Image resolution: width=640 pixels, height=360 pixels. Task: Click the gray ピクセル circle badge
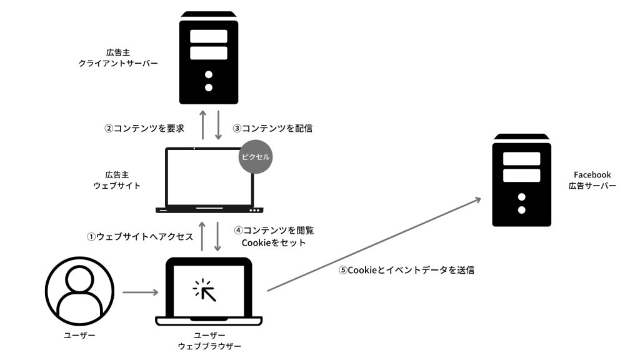[256, 157]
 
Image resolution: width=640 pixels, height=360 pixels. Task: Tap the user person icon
[79, 291]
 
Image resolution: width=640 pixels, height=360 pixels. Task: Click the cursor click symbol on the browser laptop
[204, 290]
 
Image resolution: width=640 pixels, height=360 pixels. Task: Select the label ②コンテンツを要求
[144, 128]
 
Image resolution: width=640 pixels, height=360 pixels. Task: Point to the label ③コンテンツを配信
[272, 128]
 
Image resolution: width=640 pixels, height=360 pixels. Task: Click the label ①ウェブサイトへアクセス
[140, 237]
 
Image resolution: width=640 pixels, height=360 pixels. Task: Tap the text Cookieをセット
[274, 243]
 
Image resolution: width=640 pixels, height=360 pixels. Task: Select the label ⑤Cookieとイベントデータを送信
[406, 270]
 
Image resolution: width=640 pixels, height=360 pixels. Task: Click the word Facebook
[592, 175]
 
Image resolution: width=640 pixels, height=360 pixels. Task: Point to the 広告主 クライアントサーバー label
[118, 58]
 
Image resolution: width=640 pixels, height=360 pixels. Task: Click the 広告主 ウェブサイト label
[117, 180]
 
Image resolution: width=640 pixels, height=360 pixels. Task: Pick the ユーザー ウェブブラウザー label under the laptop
[209, 341]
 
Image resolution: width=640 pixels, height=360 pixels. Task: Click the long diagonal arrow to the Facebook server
[374, 244]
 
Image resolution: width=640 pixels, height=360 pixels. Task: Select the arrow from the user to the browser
[141, 292]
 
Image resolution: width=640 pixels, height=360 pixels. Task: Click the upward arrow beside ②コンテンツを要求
[202, 125]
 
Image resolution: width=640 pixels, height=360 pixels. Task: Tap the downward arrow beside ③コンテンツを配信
[218, 125]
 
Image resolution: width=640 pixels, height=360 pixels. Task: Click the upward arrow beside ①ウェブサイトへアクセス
[202, 236]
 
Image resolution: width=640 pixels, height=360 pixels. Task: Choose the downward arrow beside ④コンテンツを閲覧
[217, 236]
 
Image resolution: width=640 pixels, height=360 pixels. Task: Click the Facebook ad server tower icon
[522, 180]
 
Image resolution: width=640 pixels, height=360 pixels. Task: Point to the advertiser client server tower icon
[209, 57]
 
